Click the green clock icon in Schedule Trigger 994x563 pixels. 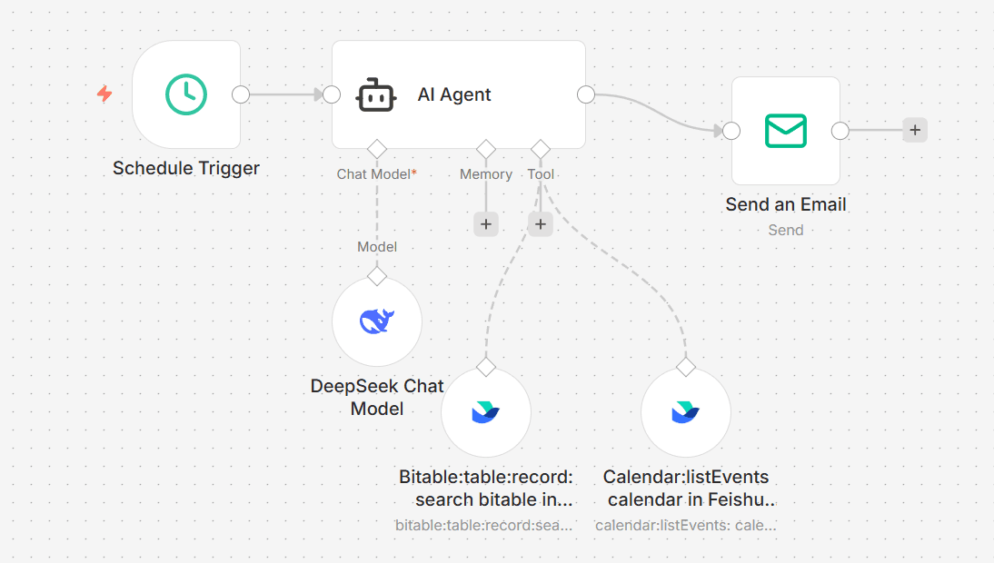(x=185, y=94)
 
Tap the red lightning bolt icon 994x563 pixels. (x=104, y=94)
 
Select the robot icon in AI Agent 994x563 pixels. (x=376, y=95)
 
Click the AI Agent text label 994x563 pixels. (x=454, y=94)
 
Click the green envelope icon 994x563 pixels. (x=785, y=131)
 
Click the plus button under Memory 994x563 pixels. (x=486, y=224)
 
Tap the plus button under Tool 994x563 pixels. (x=540, y=224)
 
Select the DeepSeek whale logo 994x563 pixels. (x=377, y=321)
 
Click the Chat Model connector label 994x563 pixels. (x=376, y=174)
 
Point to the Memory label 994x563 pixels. (x=486, y=174)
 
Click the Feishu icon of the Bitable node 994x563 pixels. (x=485, y=412)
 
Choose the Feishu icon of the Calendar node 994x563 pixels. (x=685, y=412)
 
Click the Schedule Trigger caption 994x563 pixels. (x=186, y=168)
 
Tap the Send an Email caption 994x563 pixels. (x=785, y=204)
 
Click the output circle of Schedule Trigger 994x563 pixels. (x=241, y=94)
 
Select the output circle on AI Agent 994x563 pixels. (x=586, y=94)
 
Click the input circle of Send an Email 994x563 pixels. (x=731, y=131)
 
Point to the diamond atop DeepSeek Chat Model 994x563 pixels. (x=377, y=276)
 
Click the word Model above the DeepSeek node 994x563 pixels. (x=377, y=247)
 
